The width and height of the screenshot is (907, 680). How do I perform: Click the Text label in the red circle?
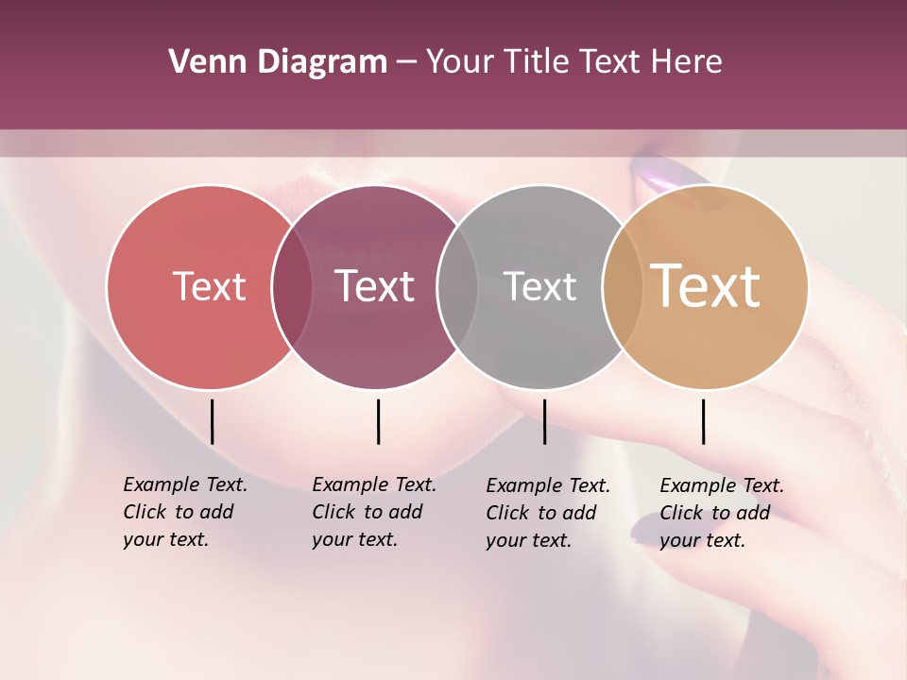click(209, 286)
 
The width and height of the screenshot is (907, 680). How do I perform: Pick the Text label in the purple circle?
click(375, 286)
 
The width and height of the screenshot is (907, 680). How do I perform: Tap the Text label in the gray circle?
click(539, 286)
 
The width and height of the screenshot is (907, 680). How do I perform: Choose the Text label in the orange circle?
click(706, 286)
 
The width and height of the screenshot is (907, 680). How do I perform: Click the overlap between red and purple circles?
click(292, 287)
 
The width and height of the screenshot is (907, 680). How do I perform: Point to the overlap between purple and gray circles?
click(457, 287)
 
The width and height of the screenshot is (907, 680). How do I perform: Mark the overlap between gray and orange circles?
click(622, 287)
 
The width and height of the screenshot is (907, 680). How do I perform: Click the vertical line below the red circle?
click(212, 421)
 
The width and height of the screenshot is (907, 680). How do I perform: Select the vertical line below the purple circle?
click(378, 421)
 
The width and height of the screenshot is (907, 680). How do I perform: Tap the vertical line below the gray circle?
click(544, 421)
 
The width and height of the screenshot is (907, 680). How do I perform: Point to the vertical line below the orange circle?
click(703, 421)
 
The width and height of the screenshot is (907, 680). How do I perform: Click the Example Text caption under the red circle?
click(184, 512)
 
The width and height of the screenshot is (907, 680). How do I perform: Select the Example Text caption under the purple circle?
click(373, 512)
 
